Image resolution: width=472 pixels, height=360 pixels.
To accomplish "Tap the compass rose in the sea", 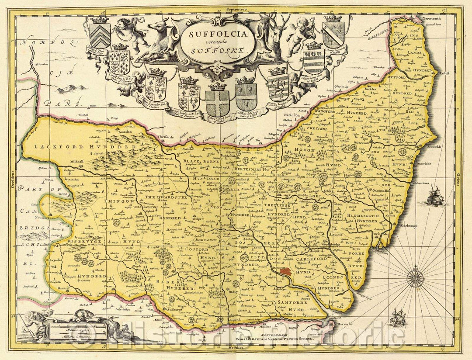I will click(x=415, y=278).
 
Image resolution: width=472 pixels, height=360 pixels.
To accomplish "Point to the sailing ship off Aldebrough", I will click(x=435, y=196).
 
